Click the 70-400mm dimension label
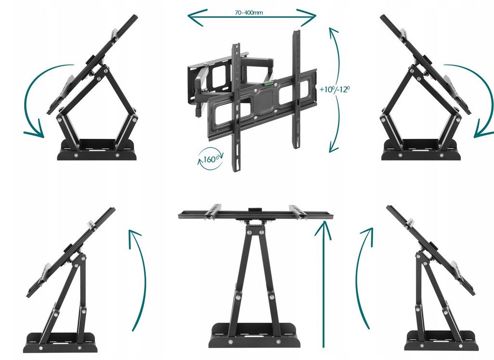[248, 13]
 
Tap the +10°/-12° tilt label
[334, 89]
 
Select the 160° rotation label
[210, 159]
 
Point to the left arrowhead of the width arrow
[197, 18]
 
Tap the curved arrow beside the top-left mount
[30, 101]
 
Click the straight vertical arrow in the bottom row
[324, 284]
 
